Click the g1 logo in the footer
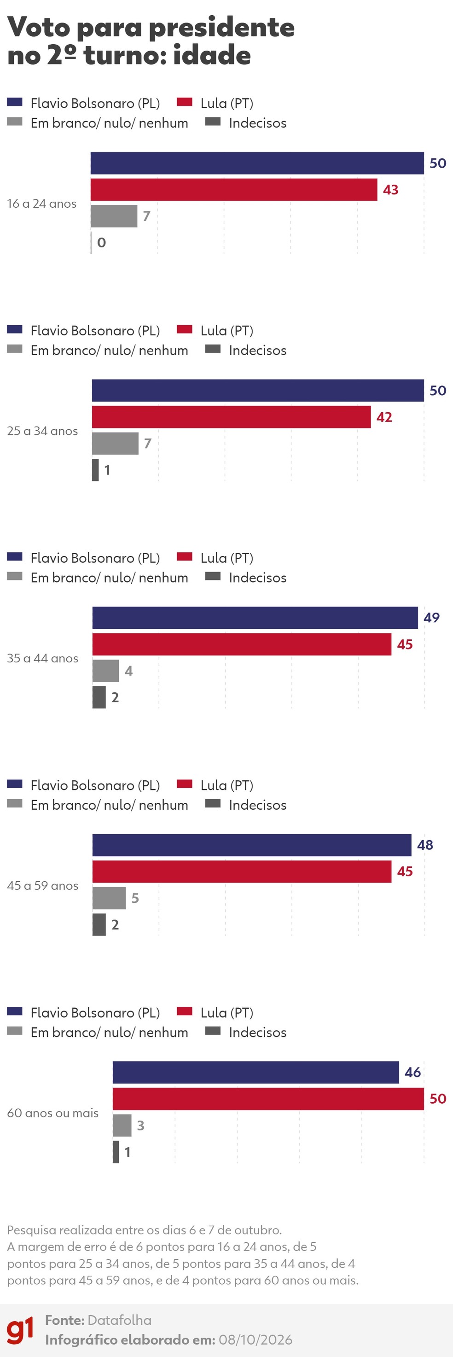[x=20, y=1330]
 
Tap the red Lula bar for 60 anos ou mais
[x=268, y=1099]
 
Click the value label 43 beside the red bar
[x=390, y=190]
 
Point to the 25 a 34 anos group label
[x=42, y=431]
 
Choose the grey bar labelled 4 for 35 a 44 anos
[x=105, y=671]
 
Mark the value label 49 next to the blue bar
[x=431, y=617]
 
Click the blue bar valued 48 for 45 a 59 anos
[x=252, y=845]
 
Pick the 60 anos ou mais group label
[x=52, y=1113]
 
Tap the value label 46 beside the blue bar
[x=412, y=1072]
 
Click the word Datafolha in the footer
[x=120, y=1320]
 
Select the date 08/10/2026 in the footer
[x=256, y=1339]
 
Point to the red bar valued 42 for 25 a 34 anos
[x=231, y=417]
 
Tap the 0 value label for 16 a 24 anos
[x=101, y=242]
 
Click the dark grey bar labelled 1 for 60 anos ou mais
[x=116, y=1152]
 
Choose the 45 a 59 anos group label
[x=43, y=885]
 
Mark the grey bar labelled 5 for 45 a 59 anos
[x=109, y=898]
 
